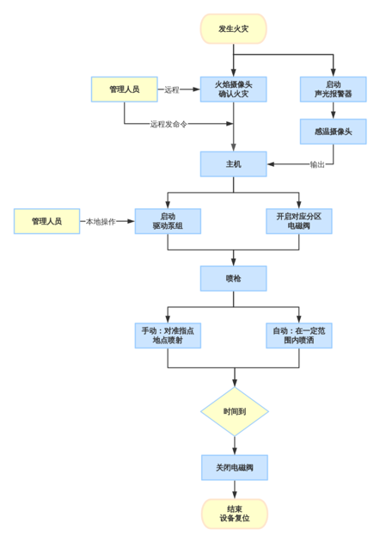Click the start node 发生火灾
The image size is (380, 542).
[x=233, y=28]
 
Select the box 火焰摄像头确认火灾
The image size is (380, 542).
[x=233, y=89]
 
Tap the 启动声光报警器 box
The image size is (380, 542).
[x=333, y=89]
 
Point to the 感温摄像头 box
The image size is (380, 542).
[x=333, y=131]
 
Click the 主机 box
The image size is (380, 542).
[x=233, y=163]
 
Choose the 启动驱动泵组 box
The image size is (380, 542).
[x=168, y=221]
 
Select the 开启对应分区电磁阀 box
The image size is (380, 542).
[x=298, y=221]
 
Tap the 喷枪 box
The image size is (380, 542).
[x=233, y=278]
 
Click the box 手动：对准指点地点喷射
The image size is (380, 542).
[x=168, y=336]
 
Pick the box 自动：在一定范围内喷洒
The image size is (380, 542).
[x=298, y=336]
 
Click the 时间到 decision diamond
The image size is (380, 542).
[x=235, y=411]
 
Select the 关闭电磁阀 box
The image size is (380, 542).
[x=235, y=467]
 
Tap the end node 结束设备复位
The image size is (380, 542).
[x=235, y=514]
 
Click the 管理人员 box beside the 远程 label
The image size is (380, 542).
[x=124, y=89]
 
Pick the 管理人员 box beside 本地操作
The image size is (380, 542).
[x=46, y=221]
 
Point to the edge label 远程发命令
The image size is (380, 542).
[x=169, y=124]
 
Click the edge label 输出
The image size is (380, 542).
[x=317, y=164]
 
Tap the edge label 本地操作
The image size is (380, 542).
[x=101, y=221]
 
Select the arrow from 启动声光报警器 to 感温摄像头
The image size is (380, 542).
[x=333, y=110]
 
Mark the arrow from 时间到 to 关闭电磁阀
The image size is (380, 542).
[x=235, y=445]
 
